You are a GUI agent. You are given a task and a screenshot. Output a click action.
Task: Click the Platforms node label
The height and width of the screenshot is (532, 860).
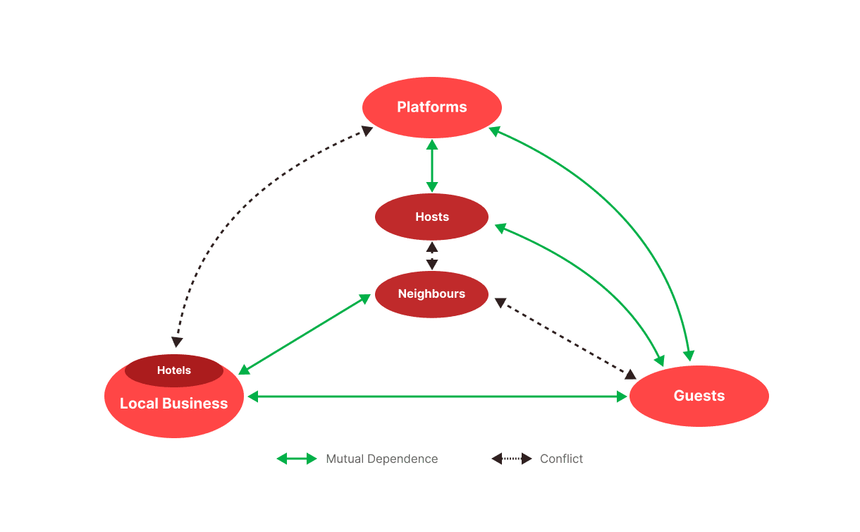431,107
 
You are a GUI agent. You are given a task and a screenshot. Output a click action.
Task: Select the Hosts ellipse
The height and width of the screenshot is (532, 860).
431,217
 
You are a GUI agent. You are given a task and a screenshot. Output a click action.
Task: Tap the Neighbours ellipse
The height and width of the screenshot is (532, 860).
431,294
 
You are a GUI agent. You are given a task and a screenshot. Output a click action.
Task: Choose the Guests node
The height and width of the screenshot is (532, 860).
699,396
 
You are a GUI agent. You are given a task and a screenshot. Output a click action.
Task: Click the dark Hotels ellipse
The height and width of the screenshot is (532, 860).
174,370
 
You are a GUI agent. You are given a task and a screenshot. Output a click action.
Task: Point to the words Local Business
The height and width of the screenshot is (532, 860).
174,404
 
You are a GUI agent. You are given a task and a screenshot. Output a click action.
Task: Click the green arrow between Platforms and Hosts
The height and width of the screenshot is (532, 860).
432,166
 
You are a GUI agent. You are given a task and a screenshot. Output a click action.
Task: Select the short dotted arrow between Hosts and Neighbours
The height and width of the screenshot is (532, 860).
432,255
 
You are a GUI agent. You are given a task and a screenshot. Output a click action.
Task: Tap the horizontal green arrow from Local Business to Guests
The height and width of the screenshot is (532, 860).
437,397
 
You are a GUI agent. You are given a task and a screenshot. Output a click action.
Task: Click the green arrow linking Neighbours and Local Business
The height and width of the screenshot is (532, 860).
305,334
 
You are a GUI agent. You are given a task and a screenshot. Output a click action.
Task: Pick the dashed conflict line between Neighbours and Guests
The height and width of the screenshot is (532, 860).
565,338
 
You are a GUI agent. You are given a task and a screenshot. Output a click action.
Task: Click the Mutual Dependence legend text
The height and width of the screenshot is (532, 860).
381,459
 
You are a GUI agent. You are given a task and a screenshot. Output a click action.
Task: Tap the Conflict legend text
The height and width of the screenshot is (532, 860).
561,459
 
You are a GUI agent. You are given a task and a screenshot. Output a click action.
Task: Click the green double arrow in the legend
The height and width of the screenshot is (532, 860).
297,459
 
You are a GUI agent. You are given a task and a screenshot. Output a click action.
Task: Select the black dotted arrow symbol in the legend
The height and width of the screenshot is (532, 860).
512,459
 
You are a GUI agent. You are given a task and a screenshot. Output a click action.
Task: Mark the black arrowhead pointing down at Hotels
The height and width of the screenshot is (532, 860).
177,341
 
